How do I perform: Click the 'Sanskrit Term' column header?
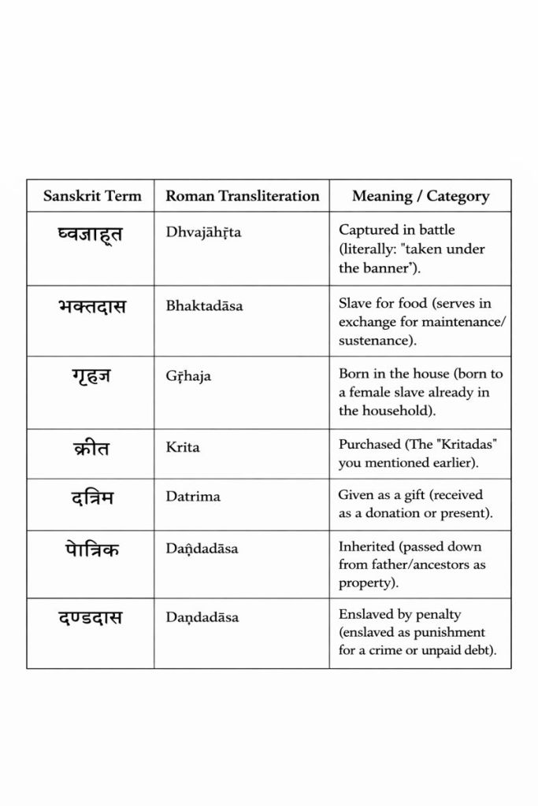pyautogui.click(x=92, y=196)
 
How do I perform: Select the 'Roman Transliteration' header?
pyautogui.click(x=242, y=196)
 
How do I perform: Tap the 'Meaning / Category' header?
pyautogui.click(x=420, y=196)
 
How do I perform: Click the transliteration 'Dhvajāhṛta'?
pyautogui.click(x=203, y=232)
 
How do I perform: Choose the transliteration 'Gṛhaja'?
pyautogui.click(x=188, y=376)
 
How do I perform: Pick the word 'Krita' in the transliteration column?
pyautogui.click(x=183, y=447)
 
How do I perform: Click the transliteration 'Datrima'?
pyautogui.click(x=193, y=497)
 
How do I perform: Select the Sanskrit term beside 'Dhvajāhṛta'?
pyautogui.click(x=91, y=234)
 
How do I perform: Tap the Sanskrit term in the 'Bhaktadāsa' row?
pyautogui.click(x=91, y=306)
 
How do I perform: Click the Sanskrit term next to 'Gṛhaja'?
pyautogui.click(x=91, y=377)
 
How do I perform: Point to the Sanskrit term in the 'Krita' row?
pyautogui.click(x=91, y=448)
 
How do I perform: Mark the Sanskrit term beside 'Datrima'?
pyautogui.click(x=91, y=497)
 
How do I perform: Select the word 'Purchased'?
pyautogui.click(x=369, y=444)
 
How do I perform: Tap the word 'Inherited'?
pyautogui.click(x=365, y=546)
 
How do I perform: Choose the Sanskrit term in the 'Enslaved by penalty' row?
pyautogui.click(x=91, y=618)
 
